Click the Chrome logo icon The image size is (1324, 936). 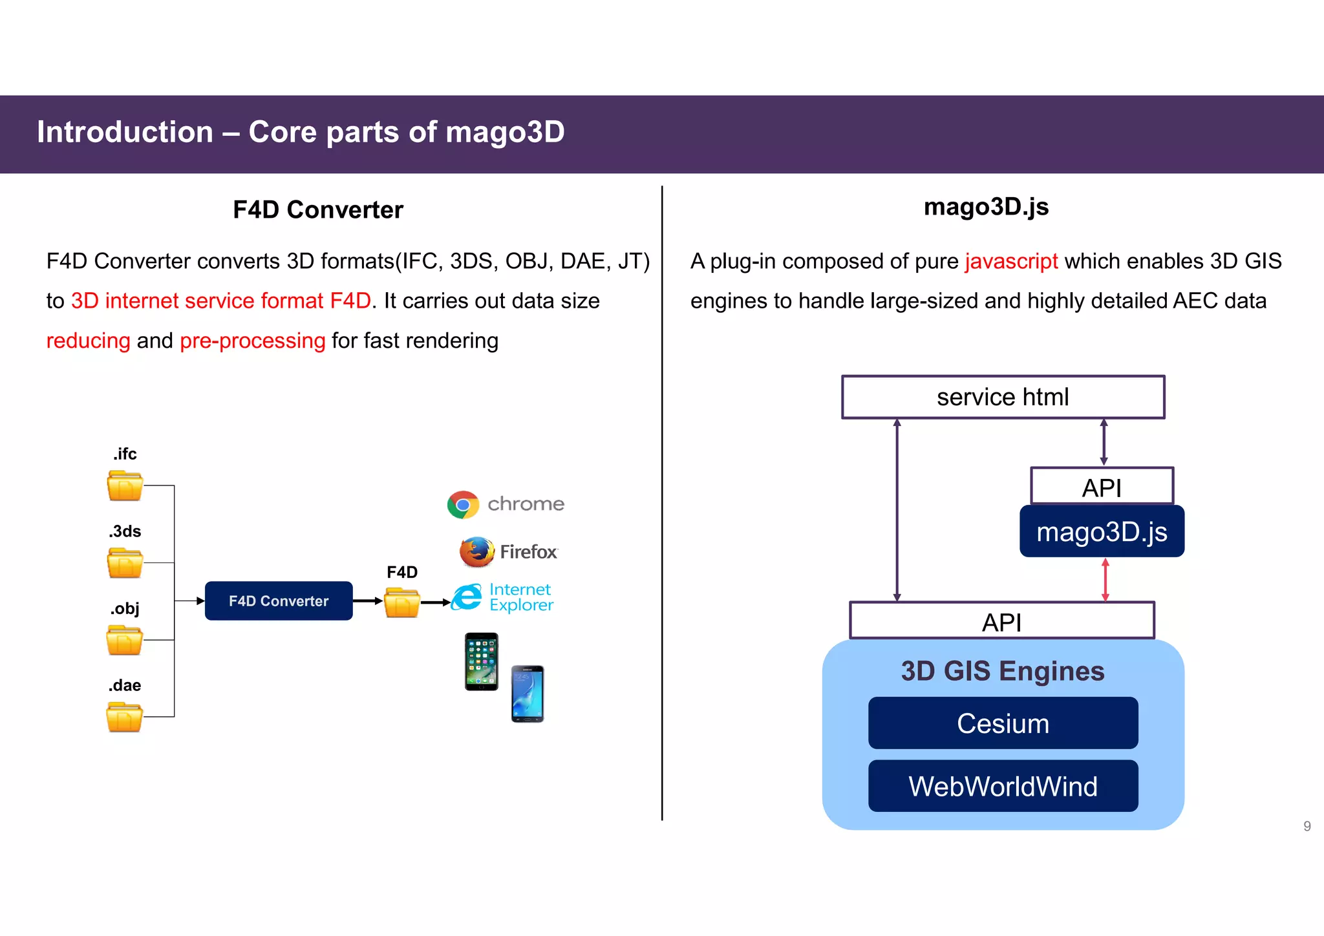(x=463, y=505)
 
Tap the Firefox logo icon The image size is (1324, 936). (x=477, y=551)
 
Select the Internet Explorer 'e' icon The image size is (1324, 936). (x=467, y=597)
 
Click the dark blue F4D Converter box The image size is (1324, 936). (x=279, y=601)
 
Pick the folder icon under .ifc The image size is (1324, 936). (x=125, y=486)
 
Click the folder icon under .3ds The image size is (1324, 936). (x=125, y=563)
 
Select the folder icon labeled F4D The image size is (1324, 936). (x=401, y=602)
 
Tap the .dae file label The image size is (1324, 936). (x=125, y=685)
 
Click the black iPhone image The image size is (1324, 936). (x=482, y=661)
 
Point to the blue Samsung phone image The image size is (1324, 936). (x=528, y=694)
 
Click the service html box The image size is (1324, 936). (x=1003, y=397)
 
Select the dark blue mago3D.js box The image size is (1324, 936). (x=1102, y=531)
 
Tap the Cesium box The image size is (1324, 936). (x=1003, y=723)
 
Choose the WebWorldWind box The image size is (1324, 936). (x=1003, y=786)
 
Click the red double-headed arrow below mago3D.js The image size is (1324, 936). (x=1105, y=580)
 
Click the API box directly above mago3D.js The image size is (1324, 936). (x=1102, y=486)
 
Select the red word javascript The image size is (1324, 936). (x=1011, y=261)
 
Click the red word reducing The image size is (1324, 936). (x=89, y=341)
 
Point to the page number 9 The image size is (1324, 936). (x=1307, y=826)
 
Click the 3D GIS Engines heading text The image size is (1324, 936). (x=1003, y=671)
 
